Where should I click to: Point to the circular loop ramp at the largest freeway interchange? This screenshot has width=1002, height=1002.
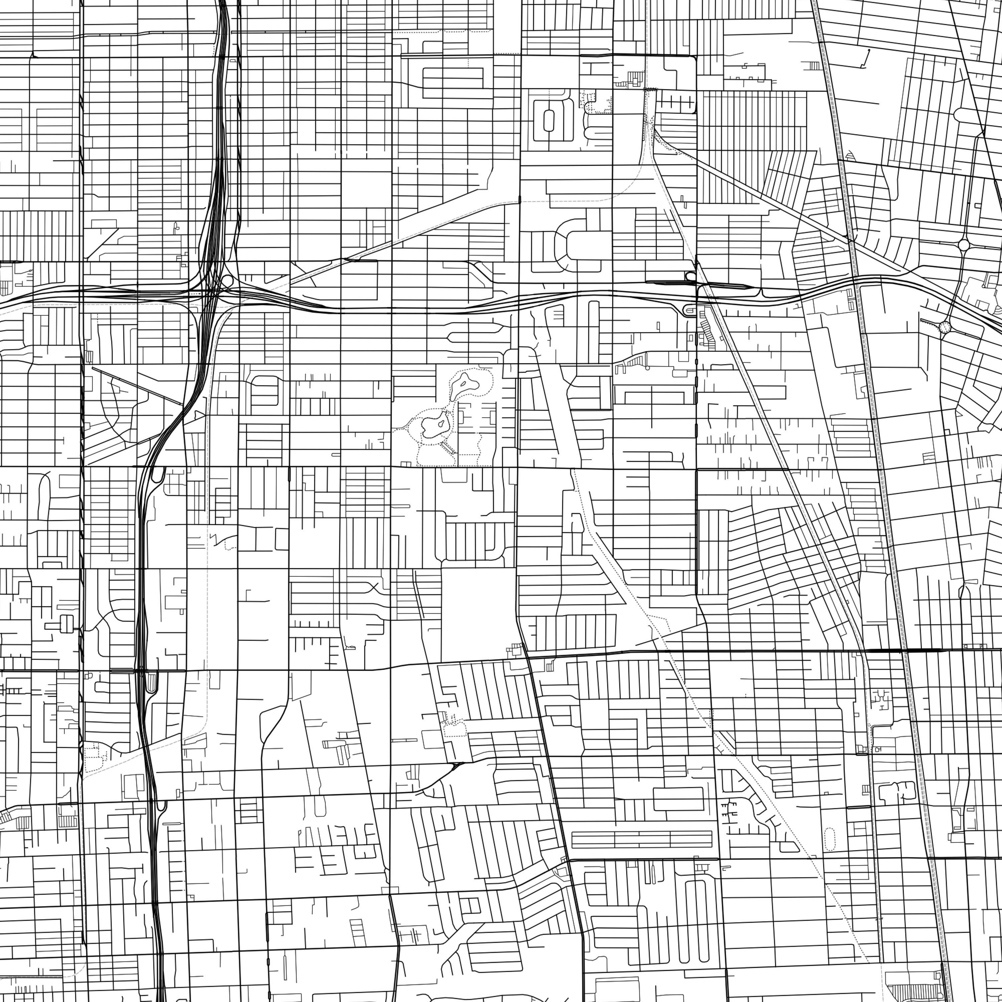227,282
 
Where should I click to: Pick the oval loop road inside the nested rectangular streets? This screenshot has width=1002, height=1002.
548,120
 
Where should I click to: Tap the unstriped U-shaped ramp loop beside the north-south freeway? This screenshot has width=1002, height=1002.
159,474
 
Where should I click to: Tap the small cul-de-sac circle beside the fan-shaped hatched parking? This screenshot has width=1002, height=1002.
648,368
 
